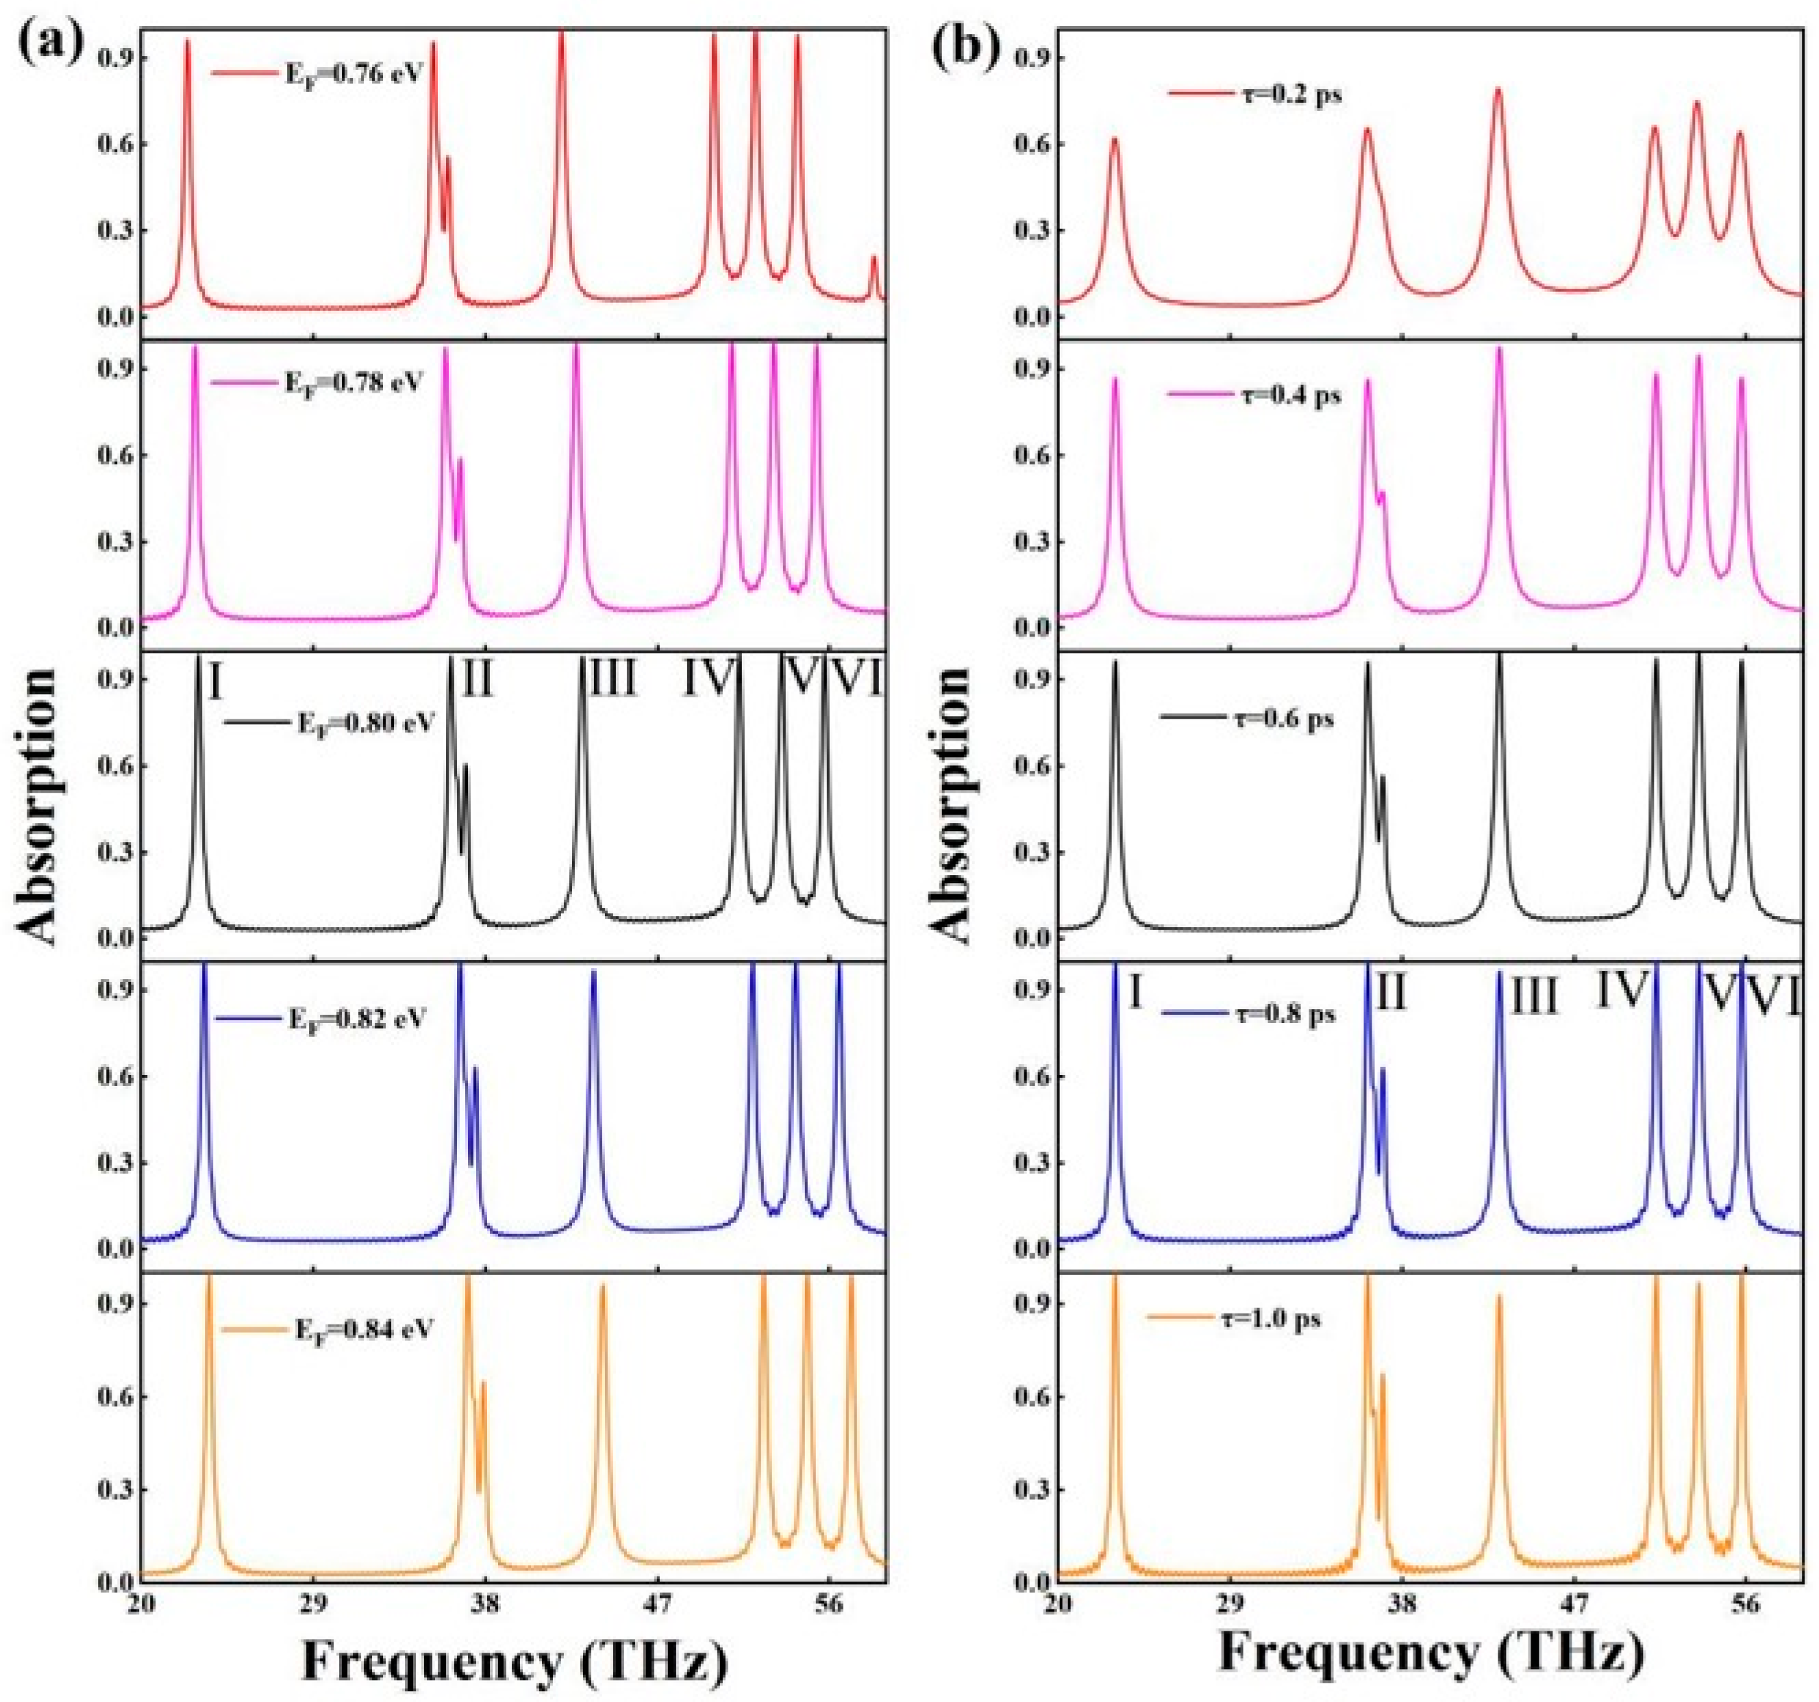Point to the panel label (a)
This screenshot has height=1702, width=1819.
50,41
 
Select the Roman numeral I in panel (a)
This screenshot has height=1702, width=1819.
216,682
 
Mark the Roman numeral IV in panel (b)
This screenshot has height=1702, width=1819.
1622,990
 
